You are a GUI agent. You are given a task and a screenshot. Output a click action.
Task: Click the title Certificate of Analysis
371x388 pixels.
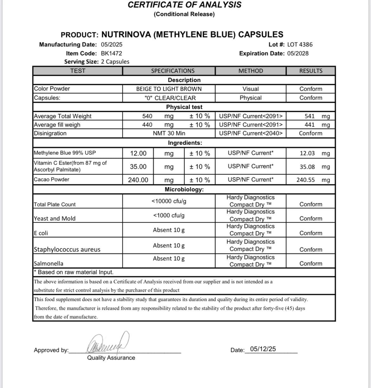click(184, 5)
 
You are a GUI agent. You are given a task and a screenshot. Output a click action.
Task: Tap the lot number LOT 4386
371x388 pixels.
click(300, 45)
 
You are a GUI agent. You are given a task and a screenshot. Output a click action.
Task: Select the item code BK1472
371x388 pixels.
click(111, 54)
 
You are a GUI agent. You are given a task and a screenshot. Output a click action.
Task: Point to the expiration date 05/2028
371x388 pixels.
click(298, 54)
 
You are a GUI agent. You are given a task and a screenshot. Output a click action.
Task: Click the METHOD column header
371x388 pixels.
click(251, 71)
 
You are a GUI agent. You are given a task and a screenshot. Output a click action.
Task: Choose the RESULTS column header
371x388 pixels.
click(311, 71)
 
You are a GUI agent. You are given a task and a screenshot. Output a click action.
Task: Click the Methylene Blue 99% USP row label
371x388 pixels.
click(65, 153)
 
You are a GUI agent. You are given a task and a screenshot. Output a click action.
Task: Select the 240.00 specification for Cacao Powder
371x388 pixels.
click(138, 180)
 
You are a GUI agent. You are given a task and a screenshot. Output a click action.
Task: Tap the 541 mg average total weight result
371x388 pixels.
click(317, 116)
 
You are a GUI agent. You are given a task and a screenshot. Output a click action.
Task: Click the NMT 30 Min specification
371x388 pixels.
click(169, 133)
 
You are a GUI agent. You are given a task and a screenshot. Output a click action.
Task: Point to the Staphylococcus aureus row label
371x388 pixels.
click(67, 249)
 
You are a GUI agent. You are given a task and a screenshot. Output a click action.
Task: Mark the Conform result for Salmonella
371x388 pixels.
click(311, 264)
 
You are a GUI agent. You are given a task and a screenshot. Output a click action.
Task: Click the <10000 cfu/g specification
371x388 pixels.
click(169, 201)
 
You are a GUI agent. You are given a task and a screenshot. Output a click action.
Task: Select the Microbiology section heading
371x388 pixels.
click(184, 190)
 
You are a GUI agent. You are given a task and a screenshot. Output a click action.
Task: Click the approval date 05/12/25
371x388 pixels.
click(263, 349)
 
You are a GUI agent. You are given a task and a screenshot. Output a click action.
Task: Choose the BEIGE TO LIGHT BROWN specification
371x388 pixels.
click(169, 89)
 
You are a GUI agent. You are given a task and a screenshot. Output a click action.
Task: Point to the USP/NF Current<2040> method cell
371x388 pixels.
click(251, 133)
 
